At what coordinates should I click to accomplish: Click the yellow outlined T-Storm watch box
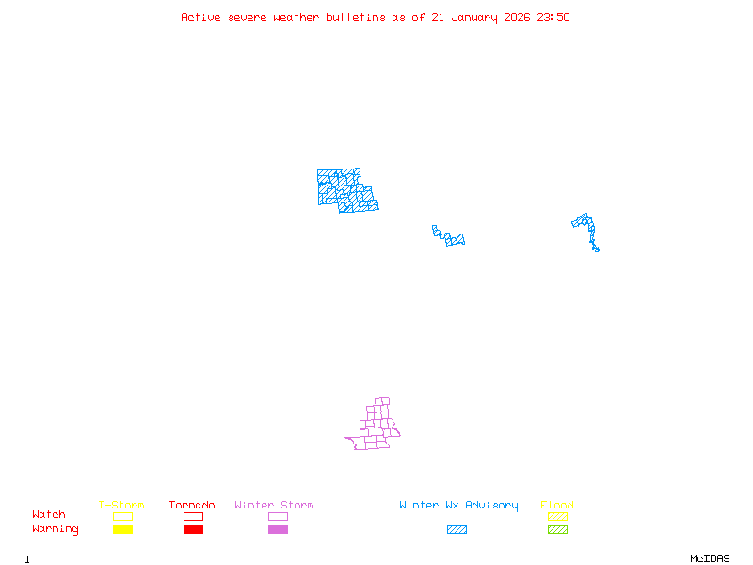click(122, 516)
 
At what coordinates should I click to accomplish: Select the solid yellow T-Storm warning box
click(122, 530)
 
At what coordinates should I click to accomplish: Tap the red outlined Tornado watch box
click(193, 516)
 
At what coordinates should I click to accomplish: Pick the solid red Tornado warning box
click(193, 530)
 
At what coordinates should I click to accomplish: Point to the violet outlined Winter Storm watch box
click(278, 516)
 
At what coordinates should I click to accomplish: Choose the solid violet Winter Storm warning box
click(278, 530)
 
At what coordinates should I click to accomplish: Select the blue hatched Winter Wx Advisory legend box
click(457, 530)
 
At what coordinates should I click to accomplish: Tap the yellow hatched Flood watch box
click(557, 516)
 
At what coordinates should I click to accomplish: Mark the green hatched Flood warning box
click(557, 530)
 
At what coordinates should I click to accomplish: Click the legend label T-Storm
click(121, 505)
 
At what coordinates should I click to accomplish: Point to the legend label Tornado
click(192, 505)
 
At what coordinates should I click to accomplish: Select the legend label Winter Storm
click(274, 505)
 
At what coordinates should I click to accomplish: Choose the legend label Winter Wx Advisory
click(458, 505)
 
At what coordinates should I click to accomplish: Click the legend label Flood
click(557, 505)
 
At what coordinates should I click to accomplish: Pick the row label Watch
click(49, 515)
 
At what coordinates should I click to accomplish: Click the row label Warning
click(56, 529)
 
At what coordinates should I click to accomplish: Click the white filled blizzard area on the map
click(440, 240)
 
